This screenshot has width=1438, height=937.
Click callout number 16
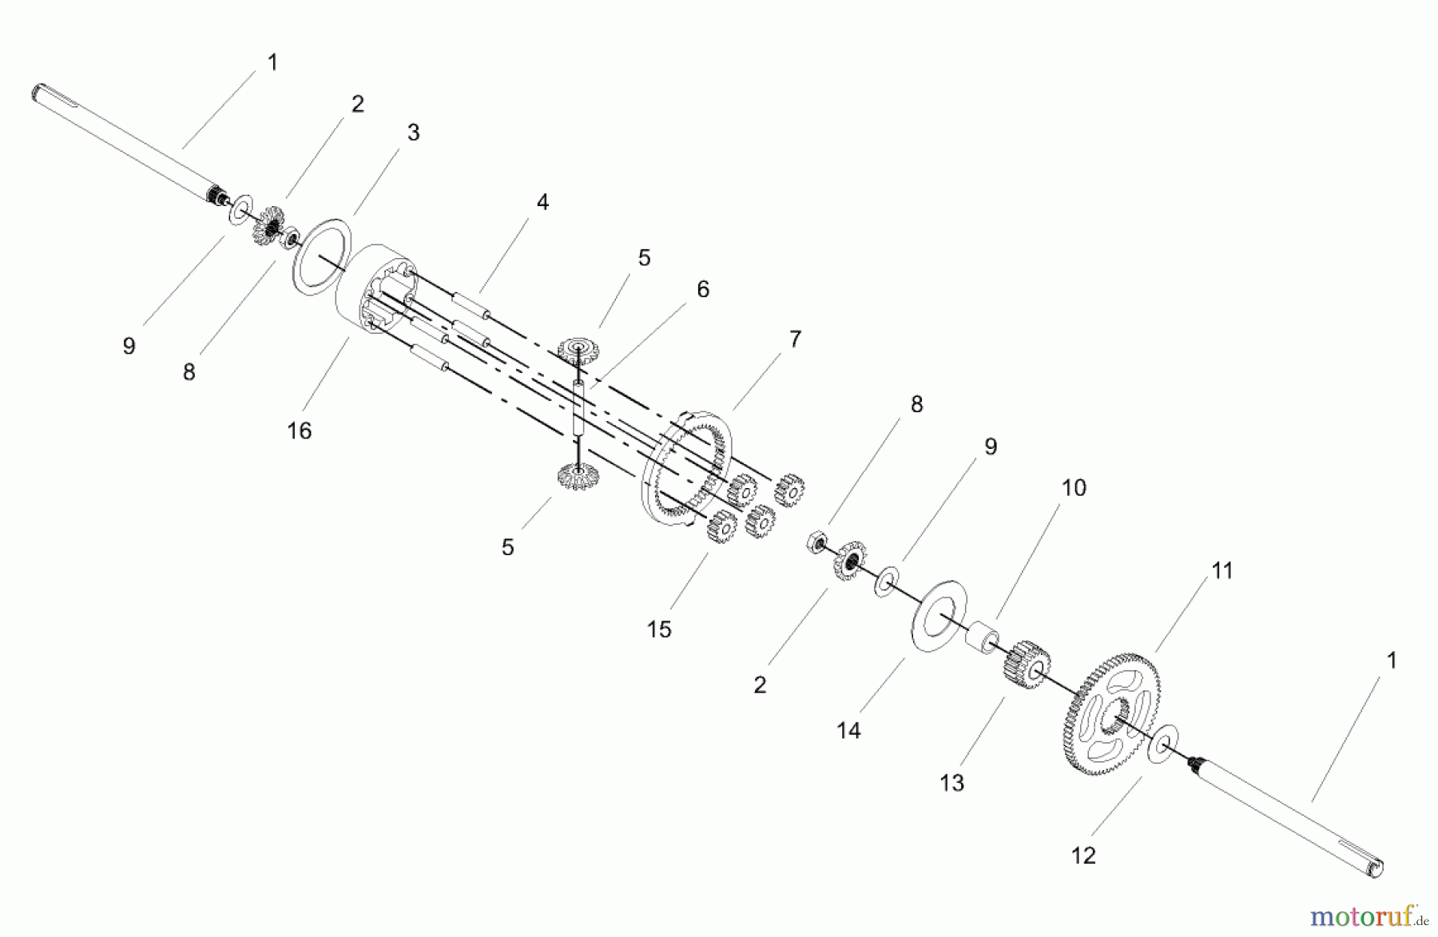pos(299,431)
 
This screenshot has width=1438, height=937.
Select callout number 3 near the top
pos(413,133)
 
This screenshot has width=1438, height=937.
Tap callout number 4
pos(542,203)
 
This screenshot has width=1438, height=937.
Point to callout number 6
pos(702,289)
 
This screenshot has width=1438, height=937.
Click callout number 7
pos(794,339)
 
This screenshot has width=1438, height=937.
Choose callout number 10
pos(1074,488)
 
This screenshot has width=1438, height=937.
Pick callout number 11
pos(1222,570)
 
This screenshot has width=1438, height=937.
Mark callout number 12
pos(1082,856)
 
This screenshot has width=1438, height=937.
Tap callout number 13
pos(951,783)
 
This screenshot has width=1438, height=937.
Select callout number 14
pos(848,730)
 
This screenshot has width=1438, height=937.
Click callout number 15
pos(658,629)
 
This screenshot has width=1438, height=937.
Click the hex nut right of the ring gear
pos(816,543)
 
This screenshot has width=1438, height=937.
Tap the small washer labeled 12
pos(1164,744)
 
